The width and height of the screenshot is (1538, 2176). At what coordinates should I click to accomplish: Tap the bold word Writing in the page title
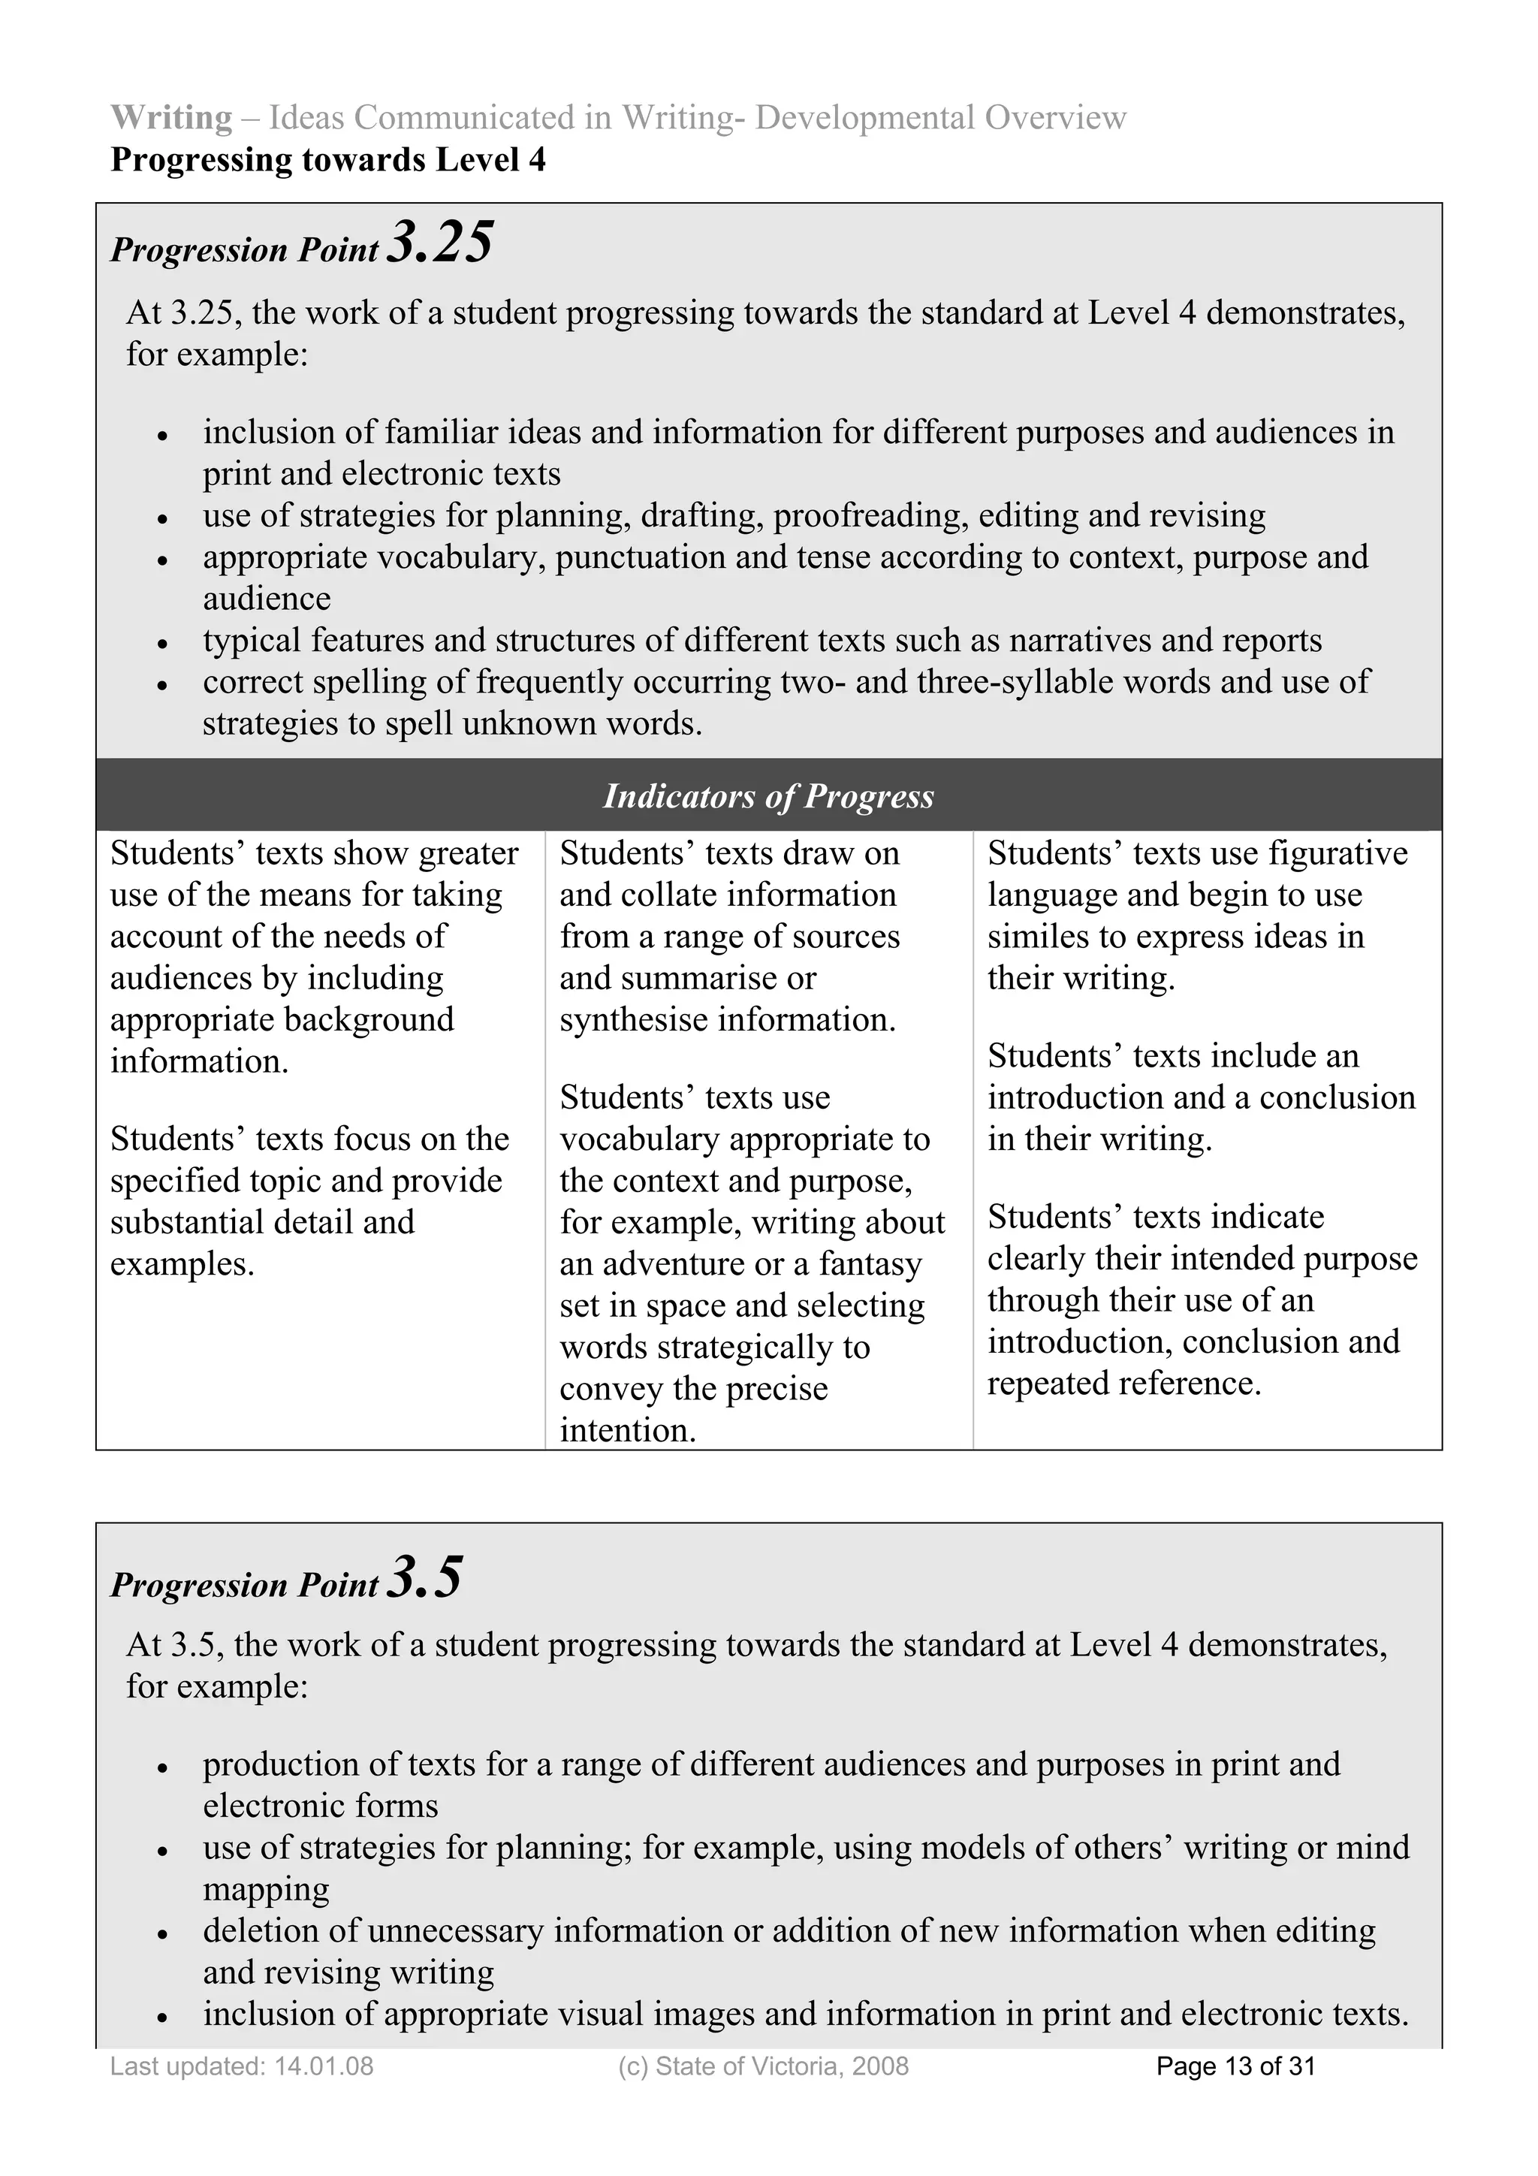171,117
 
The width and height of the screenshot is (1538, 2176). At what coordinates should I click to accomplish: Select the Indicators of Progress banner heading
768,796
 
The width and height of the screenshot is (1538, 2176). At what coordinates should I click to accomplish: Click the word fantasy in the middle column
871,1264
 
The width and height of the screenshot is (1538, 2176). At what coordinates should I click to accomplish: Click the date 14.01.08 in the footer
324,2066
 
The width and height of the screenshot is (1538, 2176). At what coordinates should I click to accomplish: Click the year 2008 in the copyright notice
880,2066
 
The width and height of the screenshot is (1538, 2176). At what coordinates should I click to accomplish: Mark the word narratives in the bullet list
1079,641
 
